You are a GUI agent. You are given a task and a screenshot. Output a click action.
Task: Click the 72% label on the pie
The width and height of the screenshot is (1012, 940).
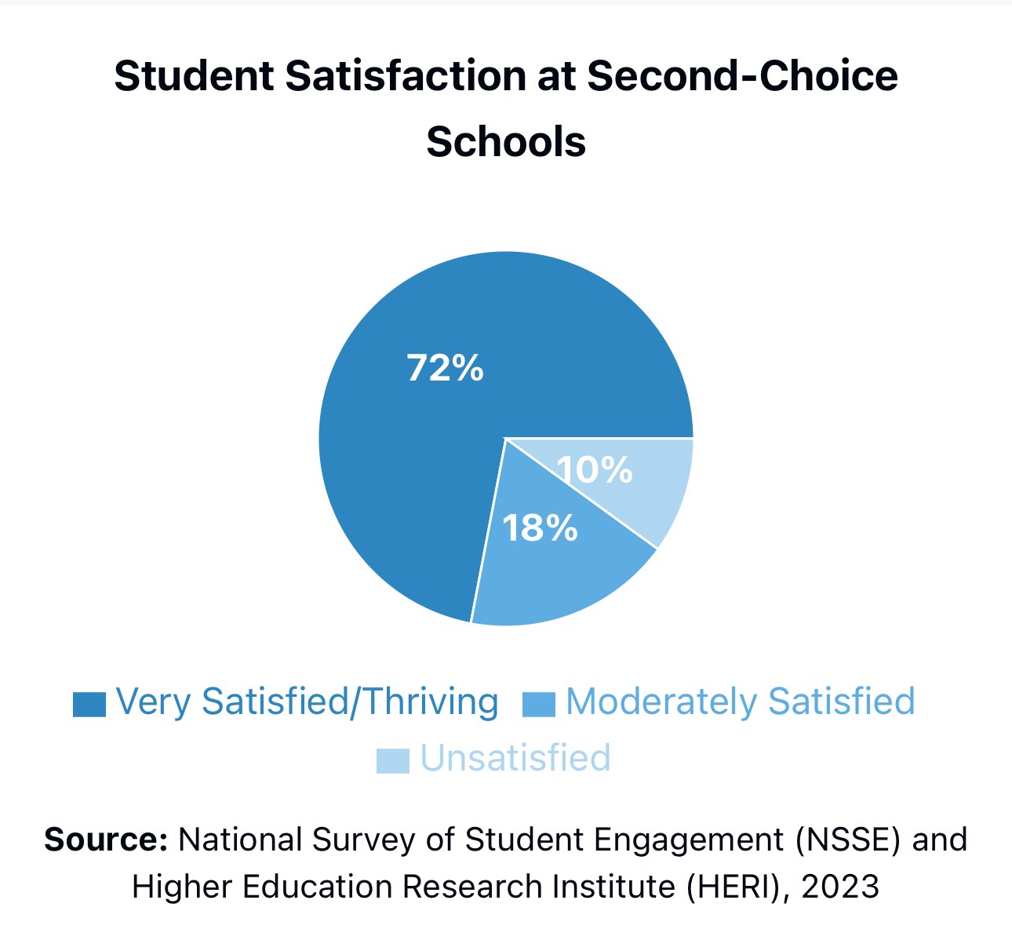(x=445, y=367)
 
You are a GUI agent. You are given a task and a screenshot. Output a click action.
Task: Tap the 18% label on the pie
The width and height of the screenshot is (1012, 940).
(x=540, y=528)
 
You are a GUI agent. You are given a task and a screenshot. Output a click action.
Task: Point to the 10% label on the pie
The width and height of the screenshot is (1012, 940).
(x=595, y=470)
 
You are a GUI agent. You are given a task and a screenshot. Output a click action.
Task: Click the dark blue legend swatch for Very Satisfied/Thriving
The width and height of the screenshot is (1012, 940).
(x=89, y=704)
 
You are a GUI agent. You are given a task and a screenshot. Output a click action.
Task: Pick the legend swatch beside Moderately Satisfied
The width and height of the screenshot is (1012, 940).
(x=539, y=704)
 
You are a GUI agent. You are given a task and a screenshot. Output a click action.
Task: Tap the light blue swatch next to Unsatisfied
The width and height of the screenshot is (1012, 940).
(x=392, y=760)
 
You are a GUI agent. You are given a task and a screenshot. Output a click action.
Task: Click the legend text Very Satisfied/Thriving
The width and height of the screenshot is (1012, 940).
(x=307, y=701)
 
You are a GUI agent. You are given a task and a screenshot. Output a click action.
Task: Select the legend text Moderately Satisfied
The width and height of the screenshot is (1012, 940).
(x=740, y=701)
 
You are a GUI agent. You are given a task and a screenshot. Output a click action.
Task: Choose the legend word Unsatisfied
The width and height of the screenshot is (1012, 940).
(x=515, y=758)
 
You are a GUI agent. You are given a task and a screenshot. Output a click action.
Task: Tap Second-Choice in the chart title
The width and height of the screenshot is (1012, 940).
(x=742, y=76)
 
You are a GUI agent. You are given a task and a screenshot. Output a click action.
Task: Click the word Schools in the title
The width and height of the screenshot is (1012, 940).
(x=506, y=142)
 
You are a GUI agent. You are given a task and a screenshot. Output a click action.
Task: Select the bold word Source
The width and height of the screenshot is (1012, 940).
(x=106, y=840)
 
